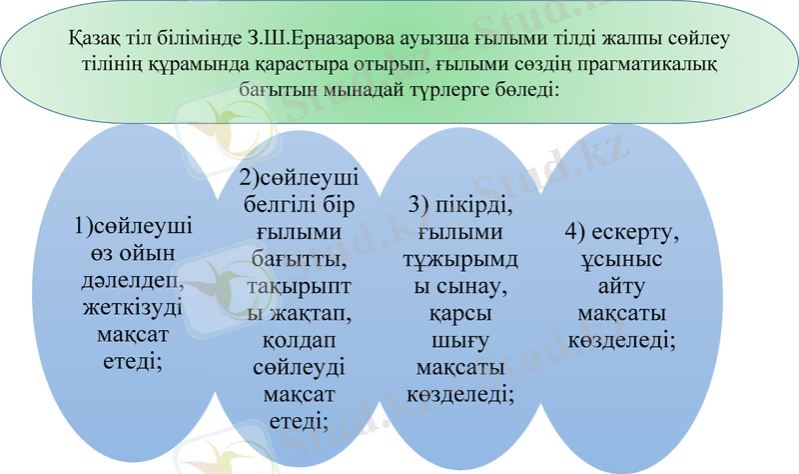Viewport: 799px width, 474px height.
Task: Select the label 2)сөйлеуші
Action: tap(300, 181)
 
